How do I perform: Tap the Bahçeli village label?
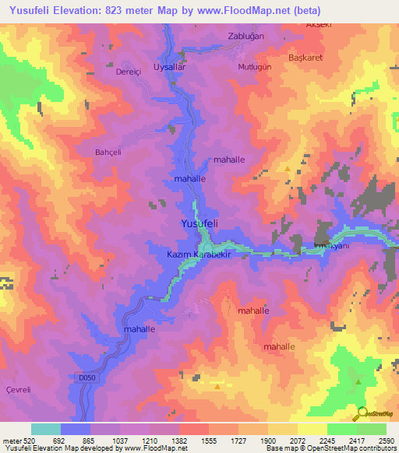[x=109, y=152]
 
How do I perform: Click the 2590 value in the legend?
[x=387, y=441]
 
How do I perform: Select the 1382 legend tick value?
[x=179, y=441]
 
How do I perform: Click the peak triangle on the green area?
[x=358, y=381]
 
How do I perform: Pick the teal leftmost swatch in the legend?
[x=46, y=429]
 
